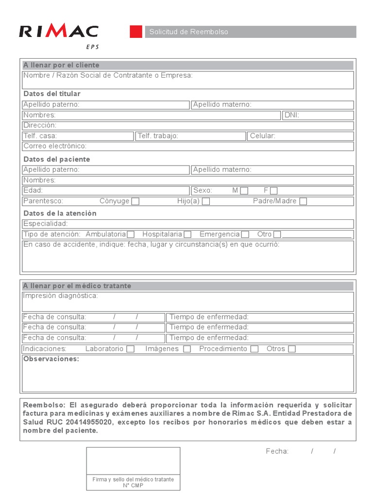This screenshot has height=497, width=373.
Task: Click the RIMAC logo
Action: coord(58,32)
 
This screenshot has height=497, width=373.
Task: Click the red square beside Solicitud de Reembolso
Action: coord(136,32)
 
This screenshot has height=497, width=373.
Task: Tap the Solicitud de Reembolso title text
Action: coord(188,32)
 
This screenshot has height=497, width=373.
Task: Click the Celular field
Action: coord(301,136)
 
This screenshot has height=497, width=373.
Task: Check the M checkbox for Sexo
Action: coord(244,191)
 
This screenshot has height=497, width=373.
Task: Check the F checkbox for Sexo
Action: coord(274,191)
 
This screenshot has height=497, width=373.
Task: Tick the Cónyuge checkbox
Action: coord(136,201)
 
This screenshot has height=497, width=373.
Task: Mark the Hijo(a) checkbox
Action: coord(206,201)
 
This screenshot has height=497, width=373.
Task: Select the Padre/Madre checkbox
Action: coord(303,201)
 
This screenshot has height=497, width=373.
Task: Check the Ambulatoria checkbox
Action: coord(131,234)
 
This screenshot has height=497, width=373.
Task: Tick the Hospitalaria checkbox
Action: coord(187,234)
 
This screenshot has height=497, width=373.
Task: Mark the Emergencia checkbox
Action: coord(245,234)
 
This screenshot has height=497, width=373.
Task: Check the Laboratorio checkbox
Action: coord(130,349)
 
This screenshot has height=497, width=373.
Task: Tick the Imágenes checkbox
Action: coord(187,349)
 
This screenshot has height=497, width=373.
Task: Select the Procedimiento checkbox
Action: coord(254,349)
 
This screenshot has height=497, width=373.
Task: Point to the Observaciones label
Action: coord(51,359)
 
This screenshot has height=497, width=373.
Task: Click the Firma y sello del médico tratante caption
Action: coord(133,480)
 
